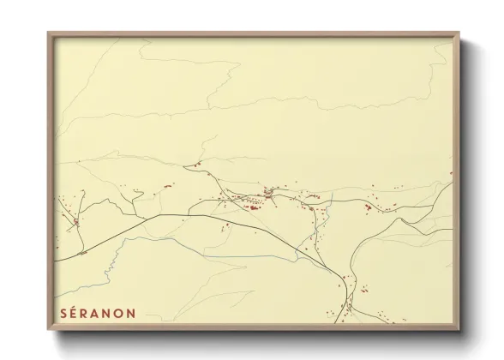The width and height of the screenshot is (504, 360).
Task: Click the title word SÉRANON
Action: (97, 312)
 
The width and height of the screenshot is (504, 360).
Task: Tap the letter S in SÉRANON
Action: (64, 312)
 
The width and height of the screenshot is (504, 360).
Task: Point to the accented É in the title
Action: (75, 312)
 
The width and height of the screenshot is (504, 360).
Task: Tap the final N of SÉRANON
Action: (129, 312)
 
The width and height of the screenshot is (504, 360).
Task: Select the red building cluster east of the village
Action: (369, 207)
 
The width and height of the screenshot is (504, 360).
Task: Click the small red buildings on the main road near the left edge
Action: (82, 254)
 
